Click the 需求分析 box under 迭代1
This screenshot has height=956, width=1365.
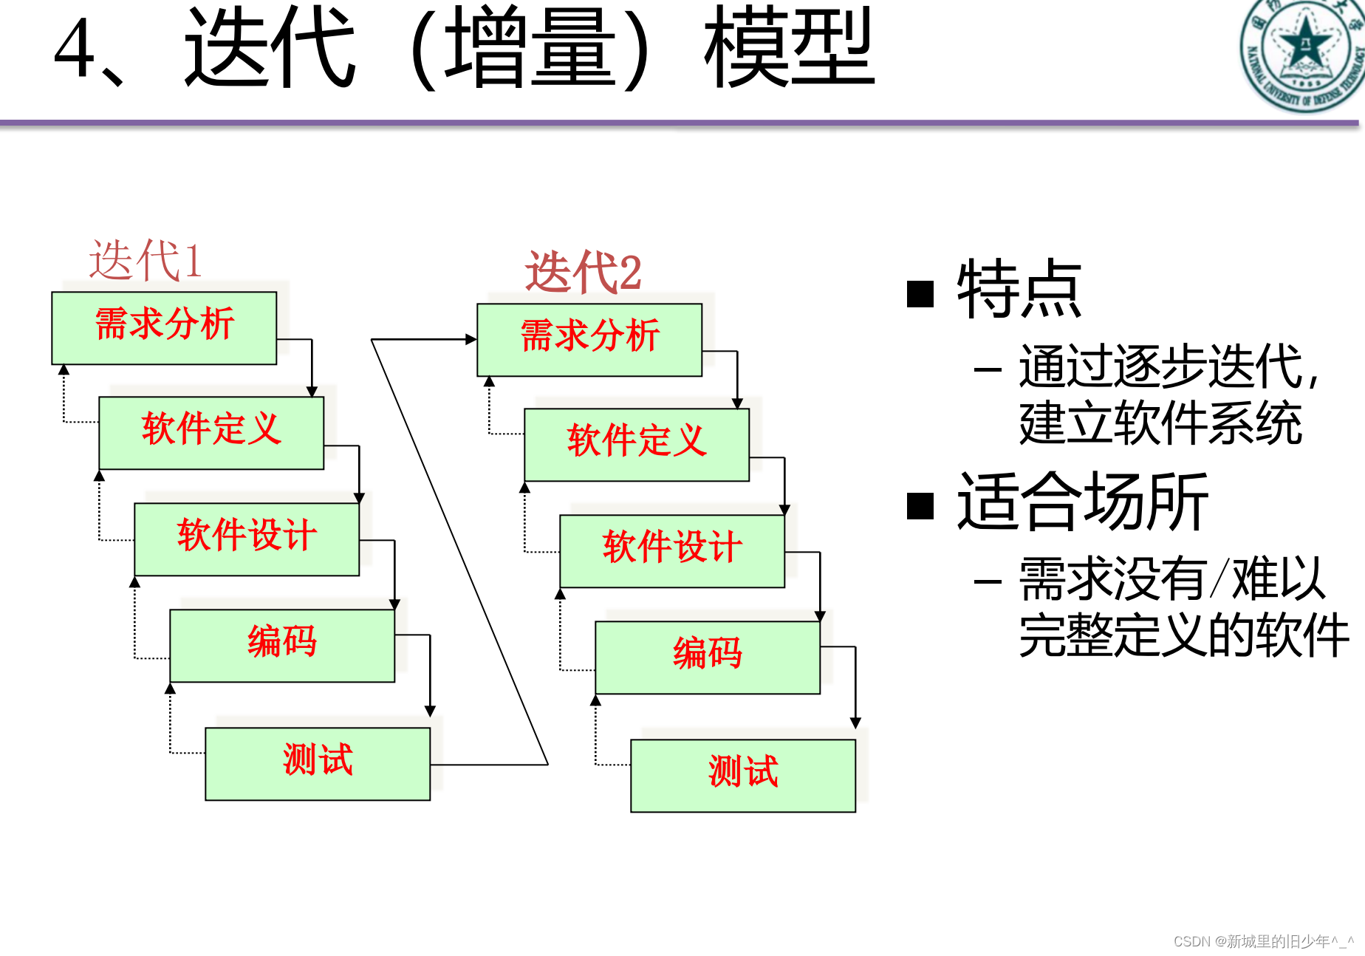164,327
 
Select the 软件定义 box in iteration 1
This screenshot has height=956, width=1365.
211,432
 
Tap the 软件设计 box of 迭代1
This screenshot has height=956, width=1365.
247,539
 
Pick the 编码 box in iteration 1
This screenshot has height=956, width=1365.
282,645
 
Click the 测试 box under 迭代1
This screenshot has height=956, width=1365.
318,763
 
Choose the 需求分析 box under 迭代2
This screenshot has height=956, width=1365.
589,339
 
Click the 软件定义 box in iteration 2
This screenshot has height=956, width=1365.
637,444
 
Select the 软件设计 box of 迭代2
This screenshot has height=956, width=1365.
672,550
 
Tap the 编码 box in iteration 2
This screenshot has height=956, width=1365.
708,657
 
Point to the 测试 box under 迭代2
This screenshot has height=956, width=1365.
743,775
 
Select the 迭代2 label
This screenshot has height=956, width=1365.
583,272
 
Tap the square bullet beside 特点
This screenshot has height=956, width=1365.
920,293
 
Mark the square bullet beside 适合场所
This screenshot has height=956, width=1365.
920,506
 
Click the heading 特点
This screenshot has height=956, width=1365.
1019,290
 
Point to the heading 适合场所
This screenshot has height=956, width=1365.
1082,502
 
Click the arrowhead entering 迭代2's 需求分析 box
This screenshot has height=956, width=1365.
471,339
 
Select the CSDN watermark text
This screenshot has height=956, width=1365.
1263,941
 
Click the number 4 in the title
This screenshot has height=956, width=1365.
75,49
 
